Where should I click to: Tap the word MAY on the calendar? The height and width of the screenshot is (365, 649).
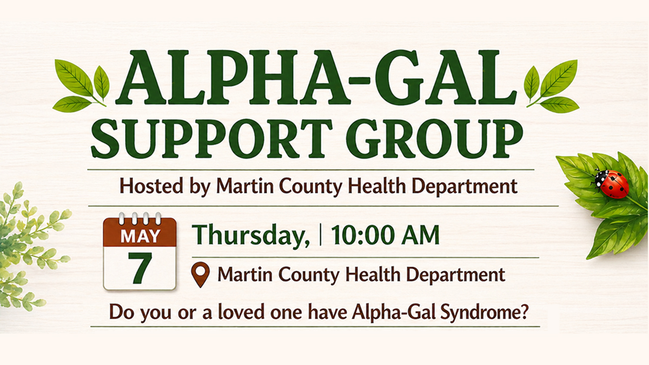pyautogui.click(x=140, y=236)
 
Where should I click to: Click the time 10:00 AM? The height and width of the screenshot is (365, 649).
pyautogui.click(x=385, y=236)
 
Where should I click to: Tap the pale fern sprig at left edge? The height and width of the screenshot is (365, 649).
pyautogui.click(x=27, y=243)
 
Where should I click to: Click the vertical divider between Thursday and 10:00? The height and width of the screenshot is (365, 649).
pyautogui.click(x=321, y=236)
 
